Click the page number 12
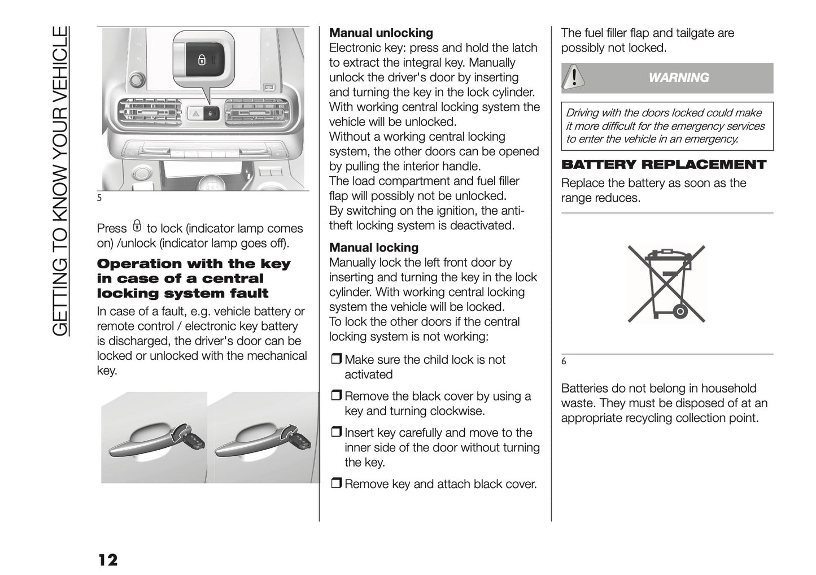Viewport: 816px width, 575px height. coord(108,560)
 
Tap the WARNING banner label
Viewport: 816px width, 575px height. coord(678,78)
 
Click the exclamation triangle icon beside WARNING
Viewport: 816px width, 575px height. coord(574,77)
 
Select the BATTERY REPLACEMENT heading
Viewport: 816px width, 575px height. coord(664,165)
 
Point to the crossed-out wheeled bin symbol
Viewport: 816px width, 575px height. coord(666,284)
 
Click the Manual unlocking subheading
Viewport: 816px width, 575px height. coord(381,33)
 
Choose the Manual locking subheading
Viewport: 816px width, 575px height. coord(374,247)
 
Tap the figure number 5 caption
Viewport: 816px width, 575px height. coord(99,198)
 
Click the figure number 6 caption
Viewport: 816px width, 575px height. coord(564,361)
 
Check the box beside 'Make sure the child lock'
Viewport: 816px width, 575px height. coord(336,360)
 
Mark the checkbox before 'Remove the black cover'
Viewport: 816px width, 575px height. coord(336,397)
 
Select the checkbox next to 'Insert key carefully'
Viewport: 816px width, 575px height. coord(336,433)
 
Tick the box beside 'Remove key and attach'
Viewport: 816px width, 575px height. coord(336,484)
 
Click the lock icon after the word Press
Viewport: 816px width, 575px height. coord(137,226)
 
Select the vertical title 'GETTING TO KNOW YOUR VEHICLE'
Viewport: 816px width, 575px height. coord(60,181)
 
